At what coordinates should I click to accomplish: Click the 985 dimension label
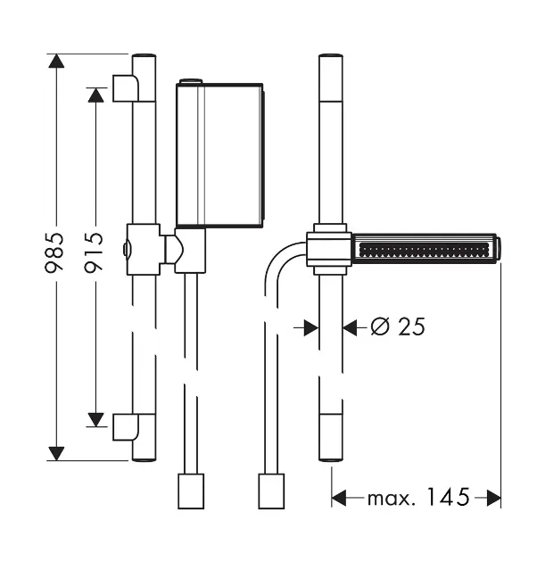pyautogui.click(x=54, y=252)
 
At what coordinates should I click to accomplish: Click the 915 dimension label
pyautogui.click(x=94, y=252)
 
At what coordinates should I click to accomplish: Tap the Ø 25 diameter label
pyautogui.click(x=398, y=326)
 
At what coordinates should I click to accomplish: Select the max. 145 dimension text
pyautogui.click(x=418, y=498)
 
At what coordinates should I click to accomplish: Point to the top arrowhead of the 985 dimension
pyautogui.click(x=56, y=61)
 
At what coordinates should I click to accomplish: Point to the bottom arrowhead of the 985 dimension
pyautogui.click(x=56, y=454)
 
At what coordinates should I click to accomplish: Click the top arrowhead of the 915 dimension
pyautogui.click(x=95, y=95)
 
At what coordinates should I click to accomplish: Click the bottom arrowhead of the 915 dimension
pyautogui.click(x=95, y=419)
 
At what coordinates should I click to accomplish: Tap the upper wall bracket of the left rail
pyautogui.click(x=126, y=88)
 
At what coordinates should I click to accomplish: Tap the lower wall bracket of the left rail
pyautogui.click(x=126, y=427)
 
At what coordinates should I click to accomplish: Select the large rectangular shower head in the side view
pyautogui.click(x=219, y=155)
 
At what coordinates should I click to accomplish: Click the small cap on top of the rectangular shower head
pyautogui.click(x=191, y=81)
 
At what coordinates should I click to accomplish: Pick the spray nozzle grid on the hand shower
pyautogui.click(x=424, y=250)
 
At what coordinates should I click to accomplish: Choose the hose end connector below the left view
pyautogui.click(x=191, y=491)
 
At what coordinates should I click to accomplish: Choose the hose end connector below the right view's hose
pyautogui.click(x=271, y=491)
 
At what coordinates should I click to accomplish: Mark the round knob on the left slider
pyautogui.click(x=127, y=249)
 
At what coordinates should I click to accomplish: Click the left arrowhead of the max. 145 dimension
pyautogui.click(x=339, y=498)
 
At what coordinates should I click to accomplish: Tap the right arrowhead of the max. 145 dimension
pyautogui.click(x=493, y=498)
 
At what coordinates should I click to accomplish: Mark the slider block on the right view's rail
pyautogui.click(x=329, y=250)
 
